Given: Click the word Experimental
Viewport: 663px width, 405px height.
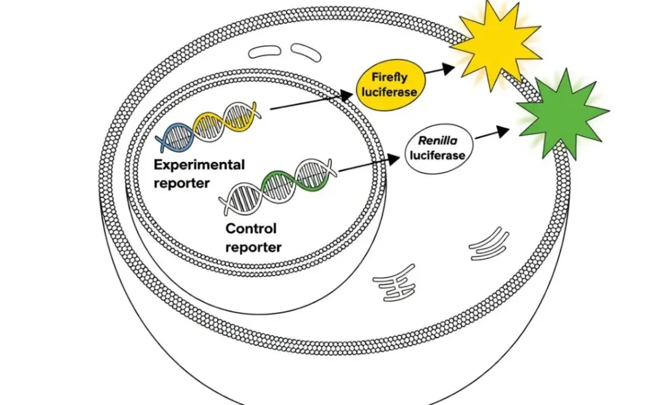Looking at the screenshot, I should click(x=199, y=165).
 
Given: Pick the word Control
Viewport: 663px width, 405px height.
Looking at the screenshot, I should click(x=251, y=229).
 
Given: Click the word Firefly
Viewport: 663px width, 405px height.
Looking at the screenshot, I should click(x=390, y=77).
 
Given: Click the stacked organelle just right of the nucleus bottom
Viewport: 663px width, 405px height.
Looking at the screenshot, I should click(x=395, y=282).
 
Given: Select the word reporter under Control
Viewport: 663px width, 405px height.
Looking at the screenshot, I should click(x=253, y=247).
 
